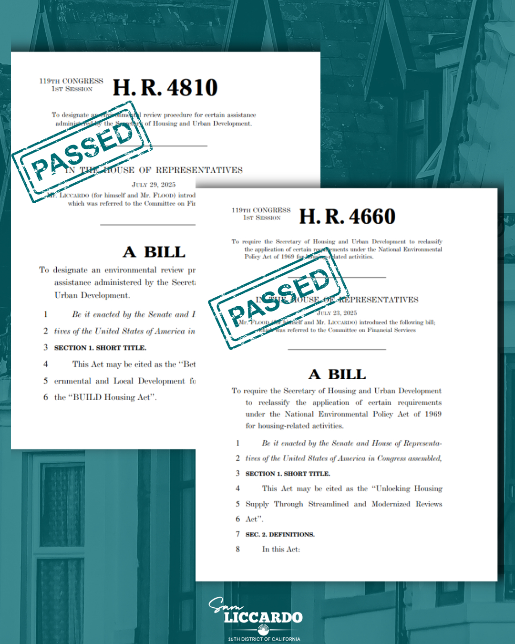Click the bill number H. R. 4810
point(165,88)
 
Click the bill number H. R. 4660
point(347,217)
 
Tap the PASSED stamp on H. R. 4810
point(82,151)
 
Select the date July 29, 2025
point(154,185)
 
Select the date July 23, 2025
point(337,313)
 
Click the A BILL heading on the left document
point(154,252)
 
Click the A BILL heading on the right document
point(337,374)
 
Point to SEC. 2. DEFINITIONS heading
point(280,534)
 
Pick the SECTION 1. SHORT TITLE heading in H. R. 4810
point(100,348)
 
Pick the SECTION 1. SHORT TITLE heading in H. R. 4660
point(288,474)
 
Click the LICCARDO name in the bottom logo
point(263,617)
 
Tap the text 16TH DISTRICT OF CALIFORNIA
point(264,639)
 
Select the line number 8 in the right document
point(237,549)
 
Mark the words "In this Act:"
point(281,550)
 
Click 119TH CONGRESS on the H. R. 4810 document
point(71,81)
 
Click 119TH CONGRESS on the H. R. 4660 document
point(261,210)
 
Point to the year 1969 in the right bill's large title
point(433,414)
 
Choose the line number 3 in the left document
point(46,347)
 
